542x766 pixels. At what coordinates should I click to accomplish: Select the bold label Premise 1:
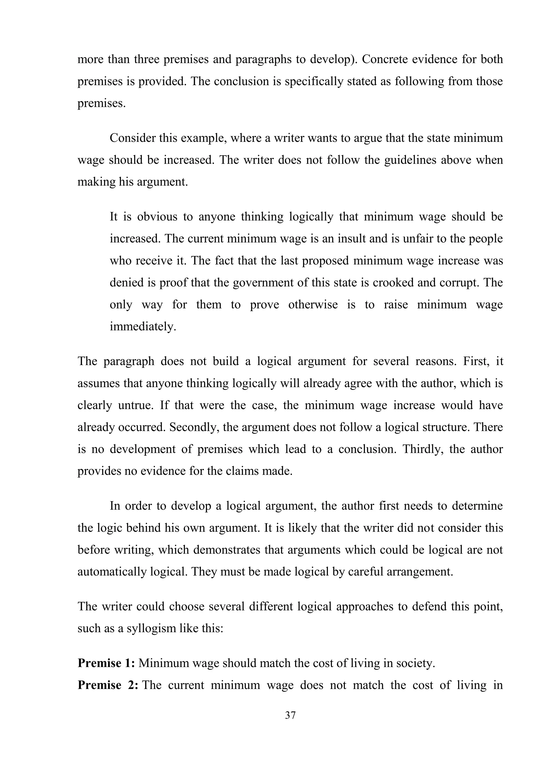[x=106, y=663]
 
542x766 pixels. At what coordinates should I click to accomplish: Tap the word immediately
[x=143, y=326]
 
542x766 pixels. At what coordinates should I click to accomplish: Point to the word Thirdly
[x=423, y=449]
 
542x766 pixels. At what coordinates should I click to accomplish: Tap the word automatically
[x=112, y=572]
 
